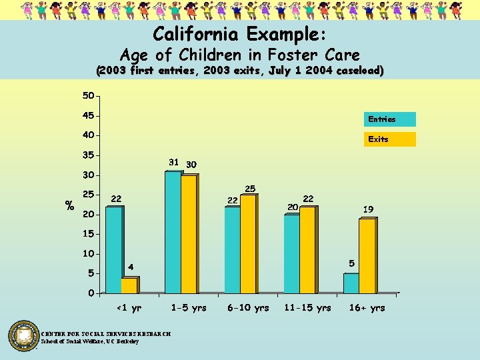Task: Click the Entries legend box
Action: point(389,119)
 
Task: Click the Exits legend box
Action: point(389,139)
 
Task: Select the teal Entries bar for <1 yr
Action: point(113,250)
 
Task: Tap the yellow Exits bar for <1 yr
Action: point(129,285)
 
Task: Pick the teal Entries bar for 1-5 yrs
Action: point(173,233)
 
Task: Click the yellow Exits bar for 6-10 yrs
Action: point(248,244)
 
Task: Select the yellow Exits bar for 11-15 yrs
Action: point(307,250)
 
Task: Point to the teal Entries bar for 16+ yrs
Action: point(351,283)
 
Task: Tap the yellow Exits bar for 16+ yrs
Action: point(367,256)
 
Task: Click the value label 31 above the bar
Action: point(173,163)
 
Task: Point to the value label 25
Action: point(250,189)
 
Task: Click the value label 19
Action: point(368,209)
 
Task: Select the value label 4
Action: point(131,267)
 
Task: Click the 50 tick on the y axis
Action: point(88,96)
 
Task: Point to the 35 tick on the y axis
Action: point(88,155)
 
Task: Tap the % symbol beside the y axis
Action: point(69,206)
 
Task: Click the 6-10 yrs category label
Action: point(248,308)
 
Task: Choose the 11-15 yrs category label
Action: point(307,308)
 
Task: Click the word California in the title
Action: point(197,33)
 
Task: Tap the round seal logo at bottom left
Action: point(24,336)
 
